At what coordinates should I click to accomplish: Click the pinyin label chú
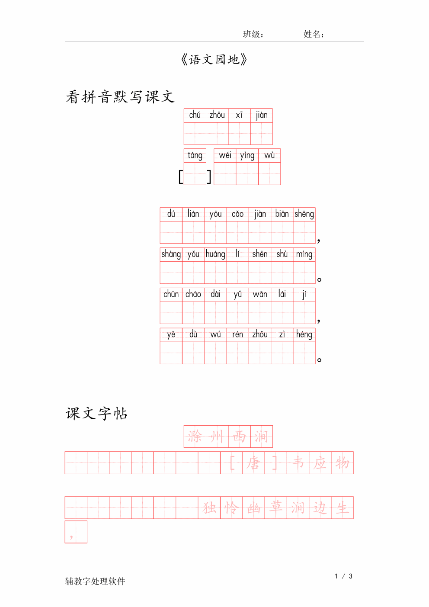[195, 115]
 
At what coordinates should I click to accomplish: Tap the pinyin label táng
[195, 155]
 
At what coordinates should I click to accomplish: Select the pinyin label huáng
[215, 254]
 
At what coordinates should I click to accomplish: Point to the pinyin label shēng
[304, 214]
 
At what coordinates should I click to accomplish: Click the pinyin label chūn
[171, 294]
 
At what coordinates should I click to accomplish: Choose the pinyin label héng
[304, 334]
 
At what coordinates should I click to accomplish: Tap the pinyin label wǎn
[260, 294]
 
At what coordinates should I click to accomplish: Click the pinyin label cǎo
[237, 214]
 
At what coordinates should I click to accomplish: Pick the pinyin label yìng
[247, 156]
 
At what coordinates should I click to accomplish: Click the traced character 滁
[195, 436]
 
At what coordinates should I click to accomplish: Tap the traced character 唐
[253, 463]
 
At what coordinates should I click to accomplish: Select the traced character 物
[343, 463]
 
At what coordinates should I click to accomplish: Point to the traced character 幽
[253, 508]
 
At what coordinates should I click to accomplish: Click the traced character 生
[343, 508]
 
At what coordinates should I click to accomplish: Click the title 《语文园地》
[214, 60]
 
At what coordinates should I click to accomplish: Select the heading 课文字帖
[96, 414]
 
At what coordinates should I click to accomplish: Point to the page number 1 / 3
[343, 576]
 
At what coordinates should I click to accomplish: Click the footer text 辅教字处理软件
[95, 581]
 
